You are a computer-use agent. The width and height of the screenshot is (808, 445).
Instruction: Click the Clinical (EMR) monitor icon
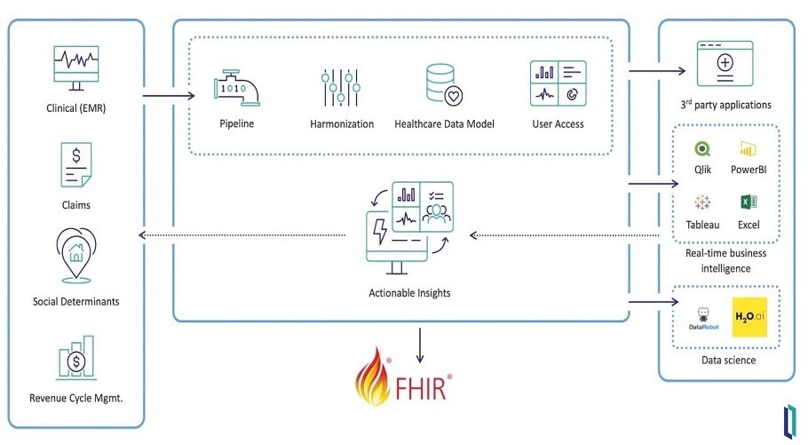point(75,69)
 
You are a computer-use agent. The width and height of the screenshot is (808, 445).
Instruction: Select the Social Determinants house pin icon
point(75,255)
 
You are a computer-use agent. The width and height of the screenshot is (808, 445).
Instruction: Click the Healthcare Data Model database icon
point(444,85)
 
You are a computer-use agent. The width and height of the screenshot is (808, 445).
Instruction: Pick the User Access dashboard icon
point(557,85)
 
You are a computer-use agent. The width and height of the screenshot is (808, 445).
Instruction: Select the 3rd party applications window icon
point(724,64)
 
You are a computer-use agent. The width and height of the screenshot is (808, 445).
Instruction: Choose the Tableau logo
point(702,203)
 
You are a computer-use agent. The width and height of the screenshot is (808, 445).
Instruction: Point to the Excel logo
point(748,203)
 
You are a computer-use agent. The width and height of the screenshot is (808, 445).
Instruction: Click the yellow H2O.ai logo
point(749,317)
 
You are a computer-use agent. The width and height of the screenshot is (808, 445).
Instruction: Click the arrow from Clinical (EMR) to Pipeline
point(169,96)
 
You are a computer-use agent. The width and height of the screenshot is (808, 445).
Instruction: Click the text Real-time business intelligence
point(725,260)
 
